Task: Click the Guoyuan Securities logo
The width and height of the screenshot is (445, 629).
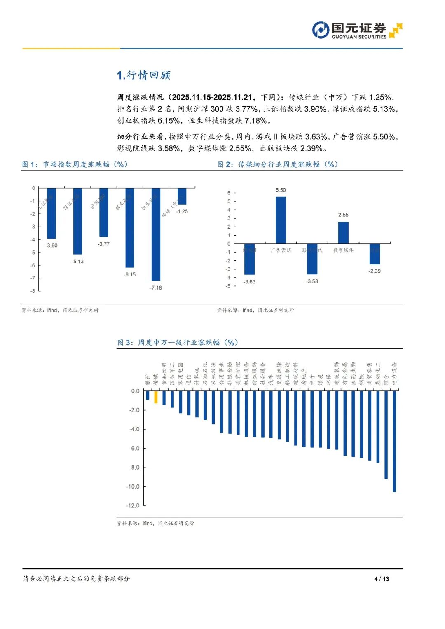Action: [357, 30]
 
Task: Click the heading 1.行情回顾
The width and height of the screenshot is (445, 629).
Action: [143, 75]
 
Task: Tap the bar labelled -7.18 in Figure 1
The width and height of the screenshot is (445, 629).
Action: [156, 234]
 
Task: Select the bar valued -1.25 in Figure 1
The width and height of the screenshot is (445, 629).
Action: [182, 196]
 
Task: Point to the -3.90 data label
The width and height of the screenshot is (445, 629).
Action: [52, 246]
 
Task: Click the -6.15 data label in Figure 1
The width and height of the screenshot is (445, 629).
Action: [130, 274]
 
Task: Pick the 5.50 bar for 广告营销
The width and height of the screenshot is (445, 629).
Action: [281, 220]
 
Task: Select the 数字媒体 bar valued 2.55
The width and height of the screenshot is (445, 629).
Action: [343, 233]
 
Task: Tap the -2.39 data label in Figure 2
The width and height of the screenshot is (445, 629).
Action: [375, 271]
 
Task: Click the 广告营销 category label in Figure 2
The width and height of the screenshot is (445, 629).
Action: [281, 250]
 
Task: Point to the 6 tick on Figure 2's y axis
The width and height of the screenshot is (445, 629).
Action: [229, 193]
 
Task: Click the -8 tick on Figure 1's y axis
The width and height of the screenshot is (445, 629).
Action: [33, 291]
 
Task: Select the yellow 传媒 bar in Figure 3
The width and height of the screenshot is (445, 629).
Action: [156, 397]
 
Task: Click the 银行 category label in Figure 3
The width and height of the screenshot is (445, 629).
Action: [148, 380]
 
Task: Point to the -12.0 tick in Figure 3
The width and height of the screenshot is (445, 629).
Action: [133, 505]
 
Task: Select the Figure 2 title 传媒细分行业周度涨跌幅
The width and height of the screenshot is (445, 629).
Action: [278, 164]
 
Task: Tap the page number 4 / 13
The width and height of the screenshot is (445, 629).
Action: [382, 579]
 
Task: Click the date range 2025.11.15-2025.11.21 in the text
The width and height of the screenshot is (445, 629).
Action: [212, 97]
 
